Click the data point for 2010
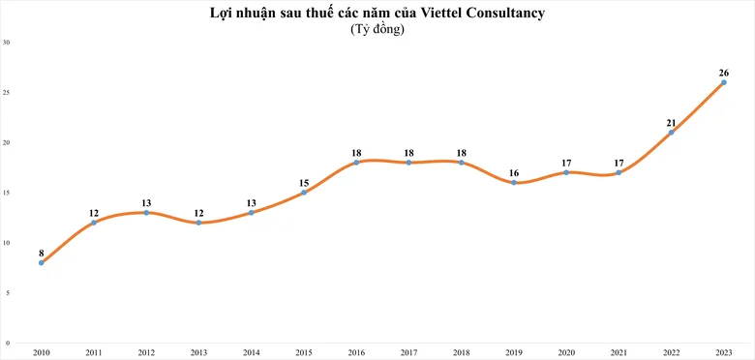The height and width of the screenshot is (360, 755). click(42, 263)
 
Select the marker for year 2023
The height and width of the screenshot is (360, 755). click(724, 82)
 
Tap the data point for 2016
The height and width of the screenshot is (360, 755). click(356, 163)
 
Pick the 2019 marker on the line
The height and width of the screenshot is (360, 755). click(514, 182)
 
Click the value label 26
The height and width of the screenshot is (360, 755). click(724, 74)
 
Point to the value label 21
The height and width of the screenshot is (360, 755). click(671, 123)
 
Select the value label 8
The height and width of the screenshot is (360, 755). click(42, 254)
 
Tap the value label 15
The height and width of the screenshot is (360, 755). click(304, 183)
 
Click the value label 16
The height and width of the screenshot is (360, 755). click(514, 173)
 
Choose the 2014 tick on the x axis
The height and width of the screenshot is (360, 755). click(252, 353)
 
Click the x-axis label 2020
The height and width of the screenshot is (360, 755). click(566, 353)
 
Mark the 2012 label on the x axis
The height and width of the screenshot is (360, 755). click(146, 353)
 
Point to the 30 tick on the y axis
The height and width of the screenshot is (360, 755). click(7, 43)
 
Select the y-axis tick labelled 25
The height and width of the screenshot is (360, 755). click(7, 92)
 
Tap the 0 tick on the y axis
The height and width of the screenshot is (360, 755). click(8, 344)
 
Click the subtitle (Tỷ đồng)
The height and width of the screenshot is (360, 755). click(377, 30)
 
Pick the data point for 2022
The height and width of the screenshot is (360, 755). click(671, 133)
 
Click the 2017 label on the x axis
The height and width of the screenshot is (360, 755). click(408, 353)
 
